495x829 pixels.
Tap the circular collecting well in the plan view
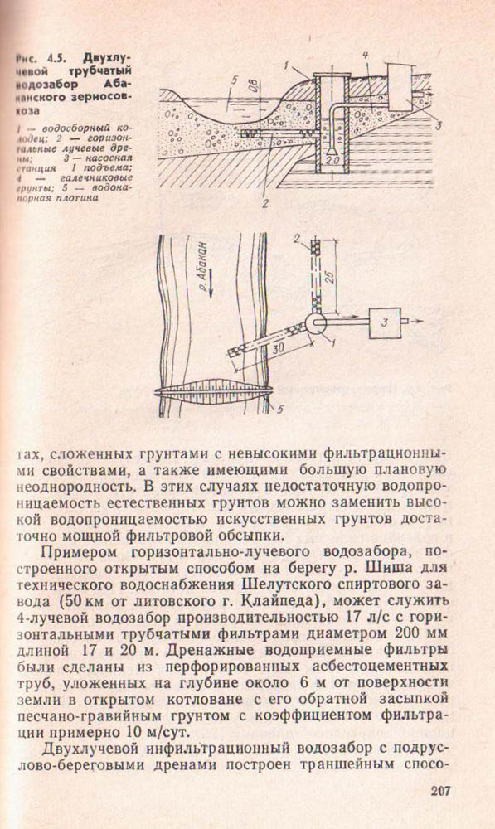point(316,322)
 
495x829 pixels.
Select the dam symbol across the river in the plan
point(214,393)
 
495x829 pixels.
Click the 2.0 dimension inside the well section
point(332,159)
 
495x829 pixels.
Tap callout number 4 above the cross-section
point(366,55)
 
